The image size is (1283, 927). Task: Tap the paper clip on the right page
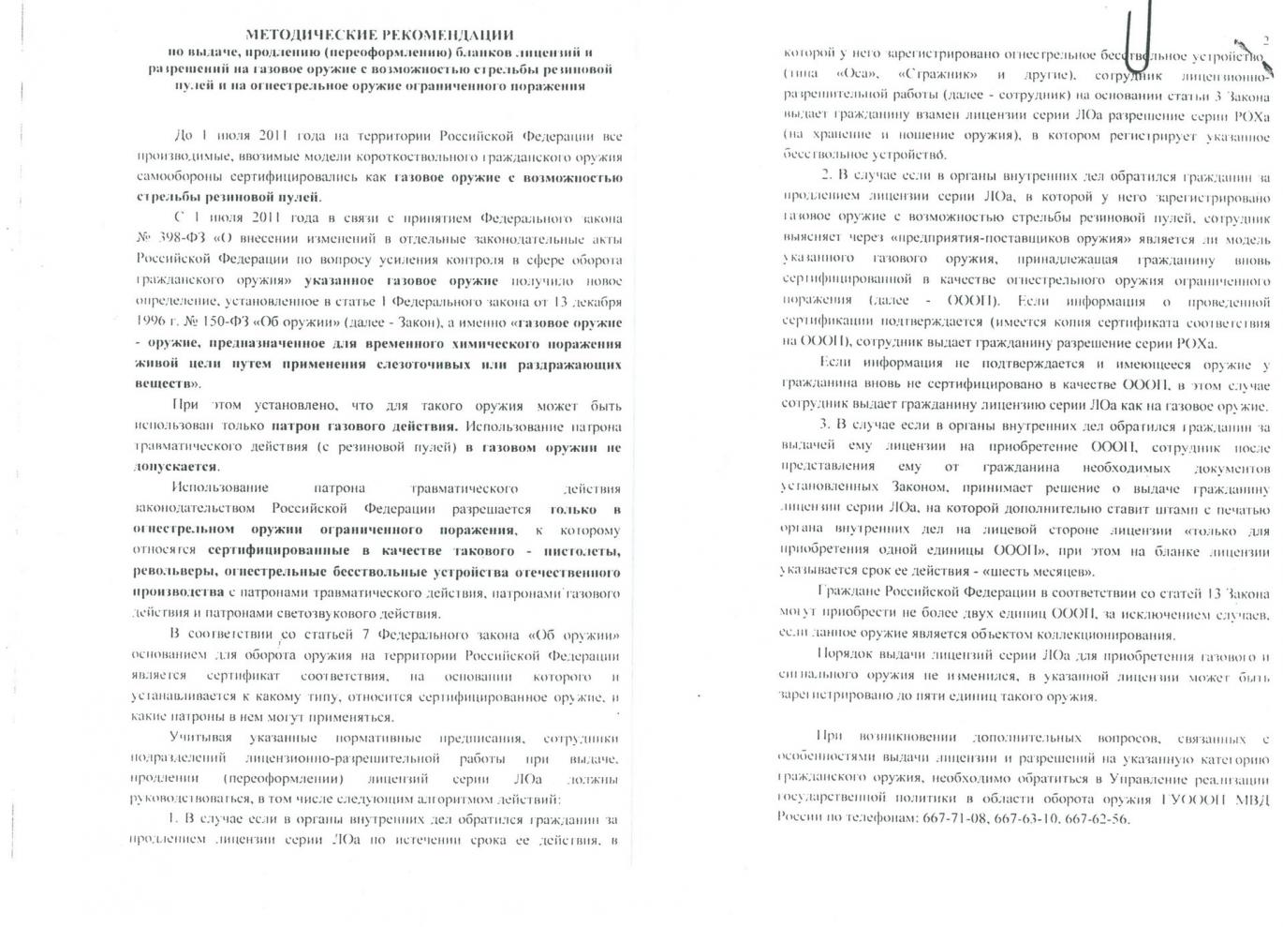[1136, 37]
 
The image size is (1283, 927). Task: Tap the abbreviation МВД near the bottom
[1250, 799]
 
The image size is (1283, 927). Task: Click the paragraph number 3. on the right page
[824, 426]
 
